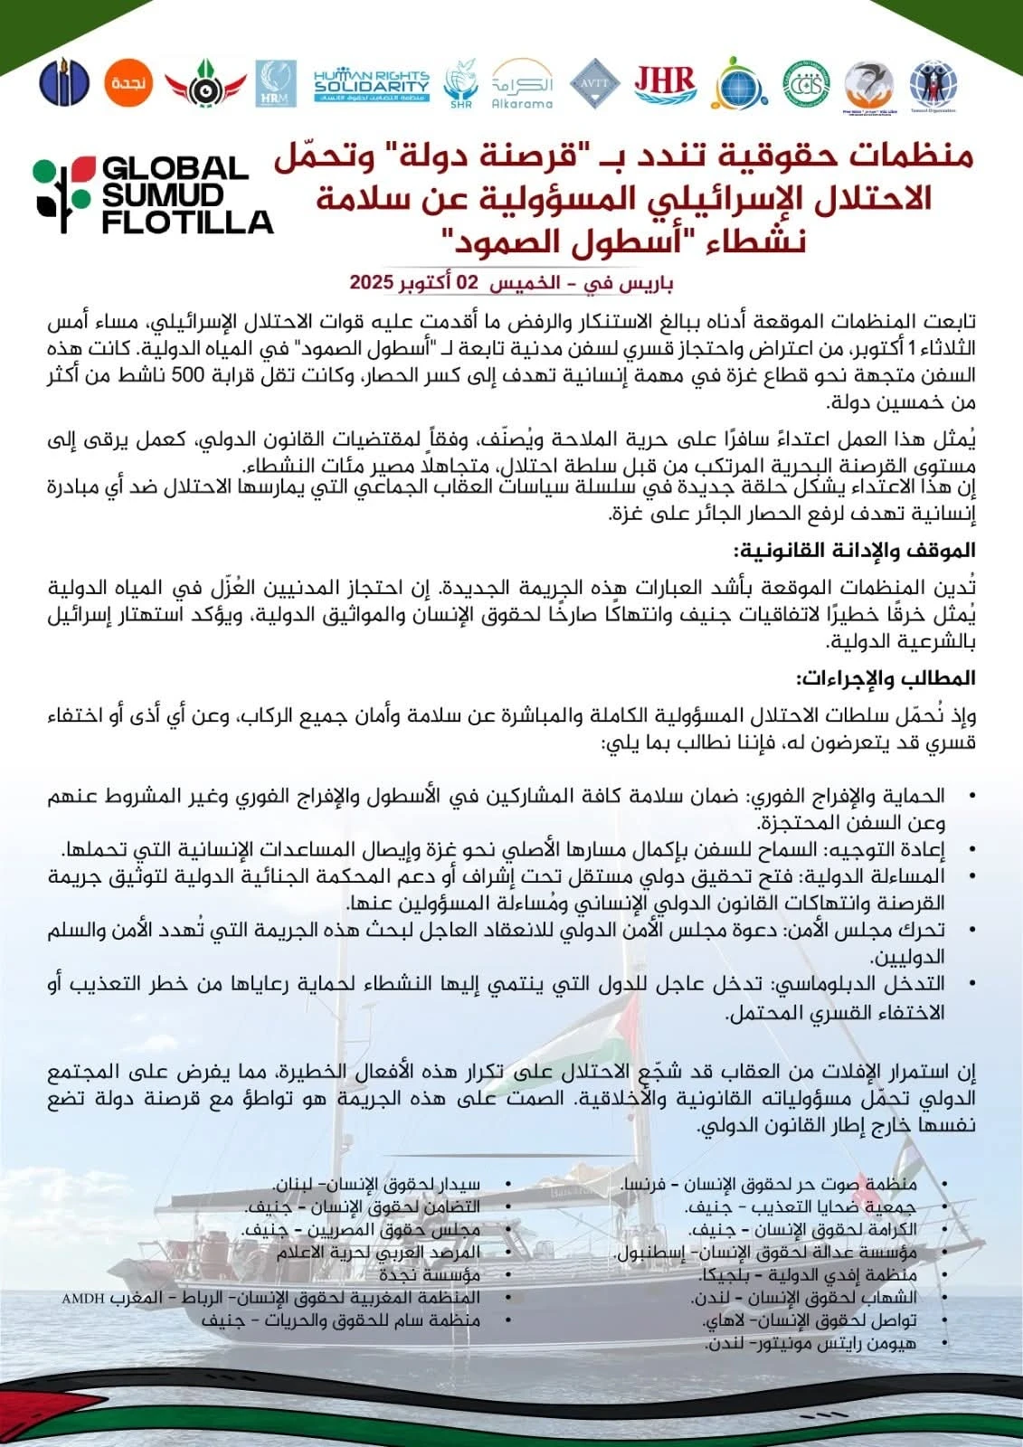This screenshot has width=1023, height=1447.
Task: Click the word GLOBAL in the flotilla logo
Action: [x=175, y=169]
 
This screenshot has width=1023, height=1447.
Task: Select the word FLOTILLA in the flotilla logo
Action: [x=187, y=222]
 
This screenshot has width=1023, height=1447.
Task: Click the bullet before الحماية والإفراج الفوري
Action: [x=971, y=796]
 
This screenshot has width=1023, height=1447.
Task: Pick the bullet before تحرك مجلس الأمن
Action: [x=971, y=929]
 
